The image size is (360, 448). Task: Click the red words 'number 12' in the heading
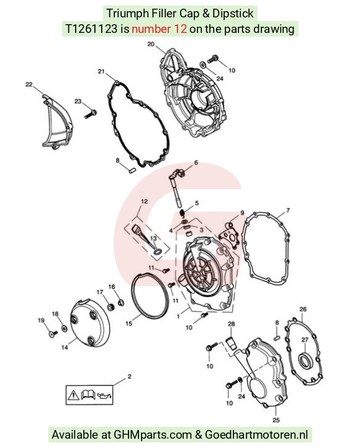pyautogui.click(x=159, y=29)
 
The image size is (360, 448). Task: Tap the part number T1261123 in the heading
pyautogui.click(x=91, y=29)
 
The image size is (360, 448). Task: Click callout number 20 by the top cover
pyautogui.click(x=151, y=44)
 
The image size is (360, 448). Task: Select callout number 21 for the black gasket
pyautogui.click(x=101, y=71)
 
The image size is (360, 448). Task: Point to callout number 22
pyautogui.click(x=29, y=84)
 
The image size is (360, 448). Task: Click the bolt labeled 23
pyautogui.click(x=91, y=114)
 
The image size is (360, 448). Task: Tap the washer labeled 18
pyautogui.click(x=65, y=328)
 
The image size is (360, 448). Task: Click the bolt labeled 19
pyautogui.click(x=53, y=333)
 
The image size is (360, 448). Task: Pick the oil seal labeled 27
pyautogui.click(x=305, y=361)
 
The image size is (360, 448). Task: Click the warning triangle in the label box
pyautogui.click(x=73, y=395)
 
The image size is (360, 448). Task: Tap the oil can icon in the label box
pyautogui.click(x=104, y=396)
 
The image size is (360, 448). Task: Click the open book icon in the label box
pyautogui.click(x=88, y=395)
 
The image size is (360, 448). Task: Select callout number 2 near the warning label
pyautogui.click(x=130, y=377)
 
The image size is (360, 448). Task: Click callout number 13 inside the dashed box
pyautogui.click(x=153, y=238)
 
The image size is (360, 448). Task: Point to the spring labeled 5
pyautogui.click(x=182, y=213)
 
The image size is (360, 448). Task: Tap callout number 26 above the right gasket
pyautogui.click(x=303, y=309)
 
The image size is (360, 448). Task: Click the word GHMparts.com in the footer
pyautogui.click(x=153, y=434)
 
